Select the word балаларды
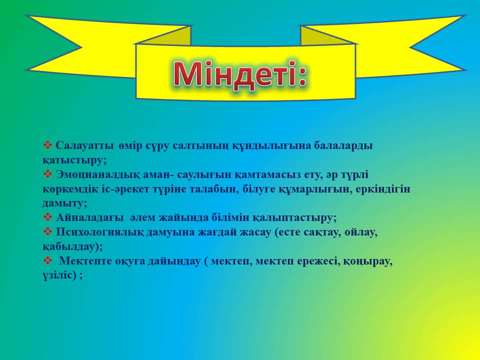[x=343, y=145]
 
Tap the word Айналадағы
[x=90, y=218]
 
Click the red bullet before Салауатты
[x=48, y=145]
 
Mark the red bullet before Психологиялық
[x=48, y=231]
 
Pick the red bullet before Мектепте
[x=48, y=260]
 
